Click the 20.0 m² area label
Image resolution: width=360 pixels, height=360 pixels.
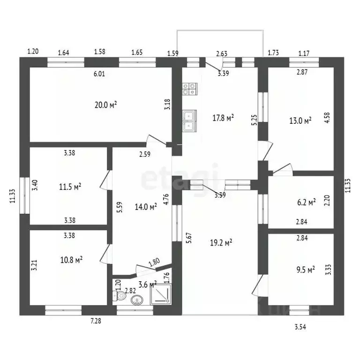105,105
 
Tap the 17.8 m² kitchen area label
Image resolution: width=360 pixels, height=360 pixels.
223,118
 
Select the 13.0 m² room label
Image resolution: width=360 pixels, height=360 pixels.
300,120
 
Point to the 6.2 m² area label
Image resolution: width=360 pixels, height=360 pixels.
306,202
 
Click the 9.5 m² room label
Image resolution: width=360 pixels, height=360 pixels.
306,270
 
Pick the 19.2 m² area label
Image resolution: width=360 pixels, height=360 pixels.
221,242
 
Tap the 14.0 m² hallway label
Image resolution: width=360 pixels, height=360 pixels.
146,207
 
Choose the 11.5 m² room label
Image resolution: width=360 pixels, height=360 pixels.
70,187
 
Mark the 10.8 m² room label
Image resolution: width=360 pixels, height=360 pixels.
71,260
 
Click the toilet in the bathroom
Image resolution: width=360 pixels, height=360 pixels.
119,296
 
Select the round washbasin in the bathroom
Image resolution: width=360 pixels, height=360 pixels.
137,300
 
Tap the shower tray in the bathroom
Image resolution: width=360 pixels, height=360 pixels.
161,294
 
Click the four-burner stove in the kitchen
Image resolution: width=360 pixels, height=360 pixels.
190,89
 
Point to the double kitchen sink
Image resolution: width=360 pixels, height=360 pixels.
189,121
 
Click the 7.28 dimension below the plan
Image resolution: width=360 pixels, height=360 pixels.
96,321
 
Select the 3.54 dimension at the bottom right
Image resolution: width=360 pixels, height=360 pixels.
300,327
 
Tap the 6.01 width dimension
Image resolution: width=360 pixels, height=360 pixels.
99,74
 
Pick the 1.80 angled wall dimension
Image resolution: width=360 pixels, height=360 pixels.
154,262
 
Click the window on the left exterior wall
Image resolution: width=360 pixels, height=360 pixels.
24,195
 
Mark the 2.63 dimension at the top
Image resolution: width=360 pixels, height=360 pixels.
222,53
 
